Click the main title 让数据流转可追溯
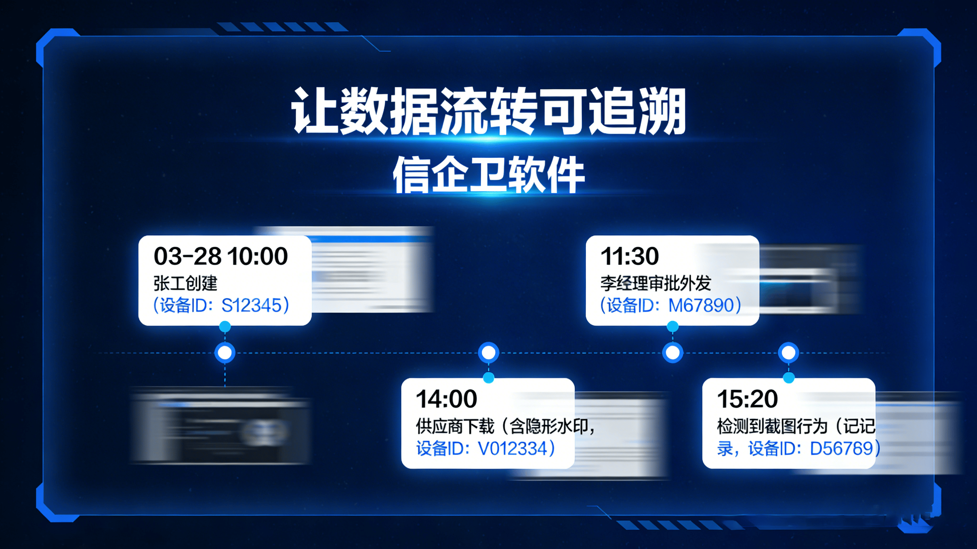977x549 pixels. click(488, 111)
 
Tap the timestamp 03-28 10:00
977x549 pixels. click(221, 256)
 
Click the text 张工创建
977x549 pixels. click(185, 283)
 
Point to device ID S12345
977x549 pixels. click(252, 305)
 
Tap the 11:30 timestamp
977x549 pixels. click(630, 256)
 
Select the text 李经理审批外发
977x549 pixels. click(655, 283)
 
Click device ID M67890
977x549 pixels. click(701, 305)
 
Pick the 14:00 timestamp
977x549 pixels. click(446, 399)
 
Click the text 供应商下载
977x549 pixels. click(455, 426)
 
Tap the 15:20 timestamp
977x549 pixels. click(747, 399)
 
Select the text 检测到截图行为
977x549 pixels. click(772, 426)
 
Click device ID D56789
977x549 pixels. click(841, 448)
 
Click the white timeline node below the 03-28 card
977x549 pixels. click(225, 353)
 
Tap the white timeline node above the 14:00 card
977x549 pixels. click(488, 353)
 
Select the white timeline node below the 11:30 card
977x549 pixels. click(673, 353)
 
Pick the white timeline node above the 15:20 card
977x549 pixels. click(788, 353)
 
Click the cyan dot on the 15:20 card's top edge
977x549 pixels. click(788, 378)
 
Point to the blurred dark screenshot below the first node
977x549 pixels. click(220, 427)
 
